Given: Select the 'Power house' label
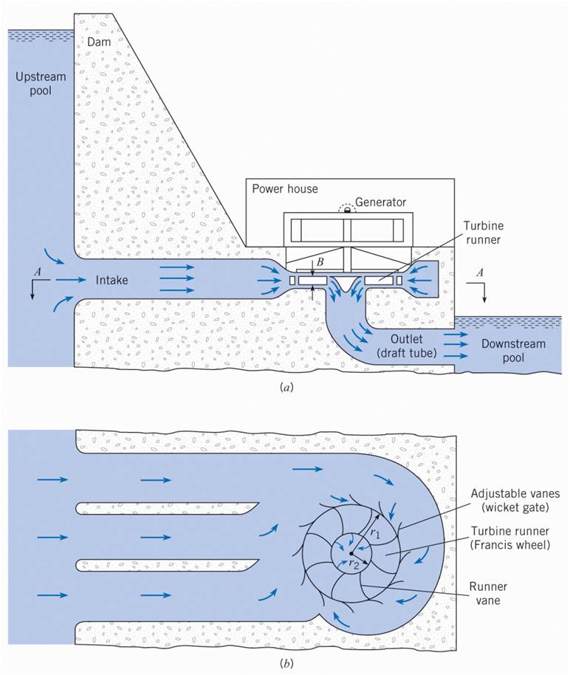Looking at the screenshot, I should point(284,188).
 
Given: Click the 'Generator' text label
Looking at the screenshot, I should point(381,201).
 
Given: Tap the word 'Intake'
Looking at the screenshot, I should point(112,280).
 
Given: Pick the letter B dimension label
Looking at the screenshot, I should point(320,259).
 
